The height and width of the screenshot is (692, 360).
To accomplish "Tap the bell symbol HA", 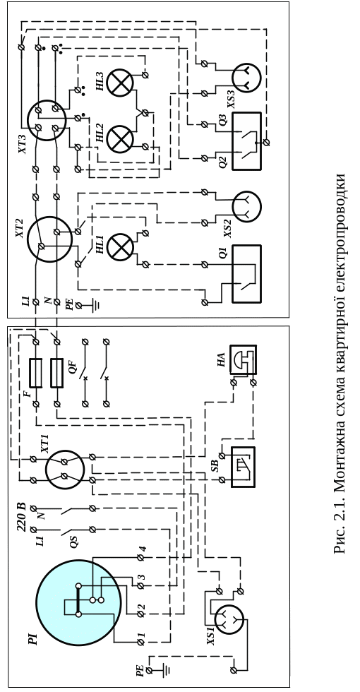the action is point(243,359).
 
